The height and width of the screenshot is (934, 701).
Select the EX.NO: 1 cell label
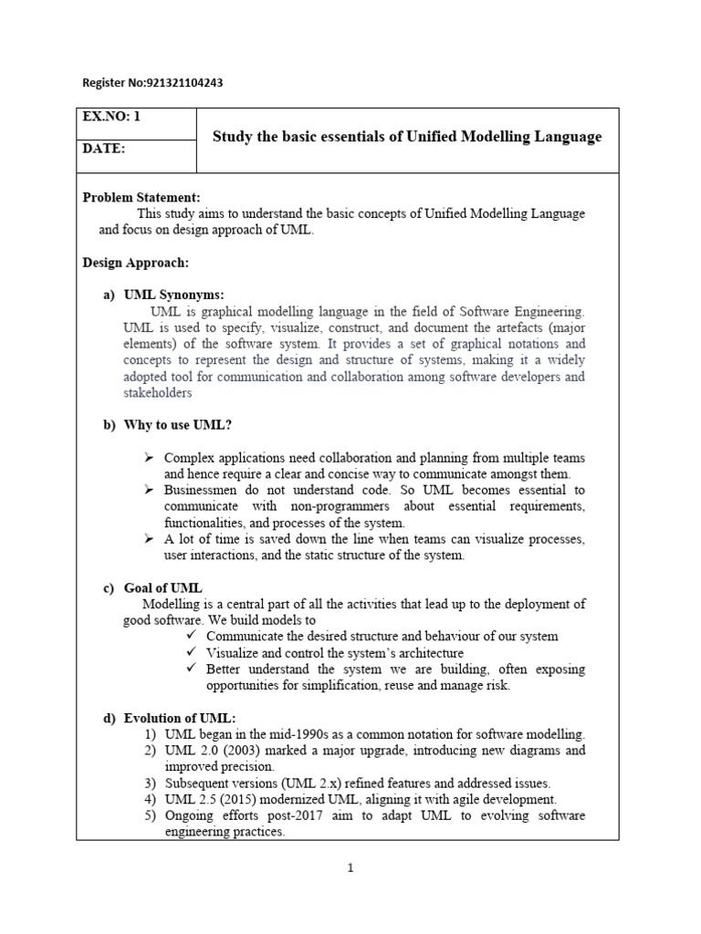tap(112, 117)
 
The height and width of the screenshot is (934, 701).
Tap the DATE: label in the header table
tap(105, 149)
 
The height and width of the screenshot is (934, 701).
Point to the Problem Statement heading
tap(141, 197)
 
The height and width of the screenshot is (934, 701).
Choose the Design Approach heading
tap(136, 263)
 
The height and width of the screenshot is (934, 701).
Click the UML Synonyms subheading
tap(173, 296)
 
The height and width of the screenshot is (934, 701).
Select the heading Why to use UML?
tap(172, 424)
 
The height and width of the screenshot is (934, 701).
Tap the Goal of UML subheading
tap(162, 587)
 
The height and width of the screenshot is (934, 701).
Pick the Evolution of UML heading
tap(179, 718)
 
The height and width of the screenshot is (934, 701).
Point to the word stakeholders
tap(158, 393)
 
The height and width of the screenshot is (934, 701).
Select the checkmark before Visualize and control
tap(191, 653)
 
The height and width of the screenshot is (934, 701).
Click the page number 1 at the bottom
tap(349, 868)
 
